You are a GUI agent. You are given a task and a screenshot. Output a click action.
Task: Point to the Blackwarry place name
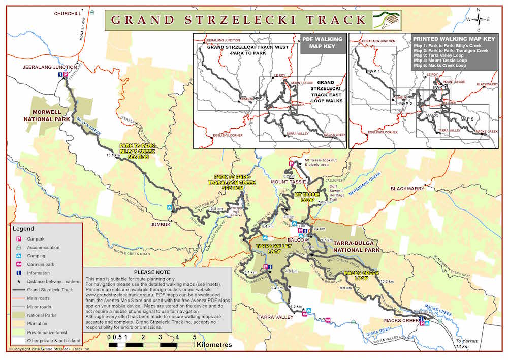click(407, 189)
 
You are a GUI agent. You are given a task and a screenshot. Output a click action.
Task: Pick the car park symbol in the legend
click(19, 238)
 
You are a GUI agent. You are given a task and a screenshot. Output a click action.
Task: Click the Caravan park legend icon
click(19, 264)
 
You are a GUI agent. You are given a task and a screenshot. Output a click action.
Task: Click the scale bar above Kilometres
click(152, 345)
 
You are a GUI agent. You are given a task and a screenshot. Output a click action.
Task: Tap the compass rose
click(479, 20)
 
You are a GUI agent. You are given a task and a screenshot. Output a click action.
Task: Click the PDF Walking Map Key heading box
click(322, 43)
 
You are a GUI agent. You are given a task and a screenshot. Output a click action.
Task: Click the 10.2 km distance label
click(388, 281)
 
